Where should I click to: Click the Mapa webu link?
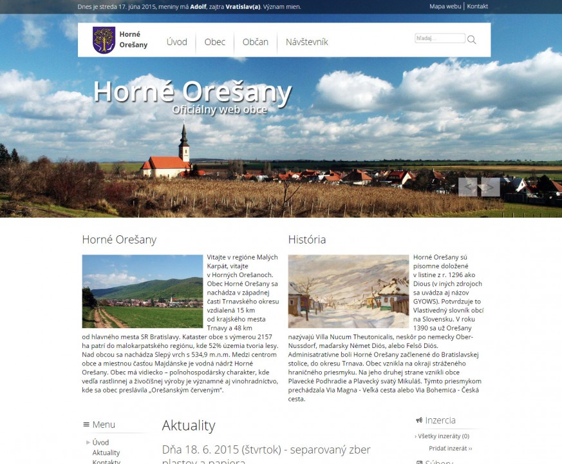(x=445, y=6)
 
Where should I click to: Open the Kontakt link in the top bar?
(x=477, y=6)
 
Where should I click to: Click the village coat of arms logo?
(x=104, y=40)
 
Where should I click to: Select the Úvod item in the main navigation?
(x=176, y=42)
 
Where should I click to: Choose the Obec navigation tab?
(x=215, y=42)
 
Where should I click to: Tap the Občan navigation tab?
(x=256, y=42)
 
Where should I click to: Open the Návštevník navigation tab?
(x=306, y=42)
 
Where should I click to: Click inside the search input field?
(x=439, y=39)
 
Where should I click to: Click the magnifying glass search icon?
(x=472, y=39)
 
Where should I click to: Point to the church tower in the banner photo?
(x=184, y=143)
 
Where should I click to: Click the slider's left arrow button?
(x=468, y=187)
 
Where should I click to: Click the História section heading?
(x=307, y=240)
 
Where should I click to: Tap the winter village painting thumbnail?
(x=348, y=291)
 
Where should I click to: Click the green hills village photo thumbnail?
(x=142, y=291)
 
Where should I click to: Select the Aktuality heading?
(x=189, y=425)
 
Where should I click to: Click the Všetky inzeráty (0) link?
(x=443, y=436)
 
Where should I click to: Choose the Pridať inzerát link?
(x=450, y=448)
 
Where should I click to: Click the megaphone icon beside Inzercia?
(x=419, y=420)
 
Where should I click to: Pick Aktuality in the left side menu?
(x=106, y=452)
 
